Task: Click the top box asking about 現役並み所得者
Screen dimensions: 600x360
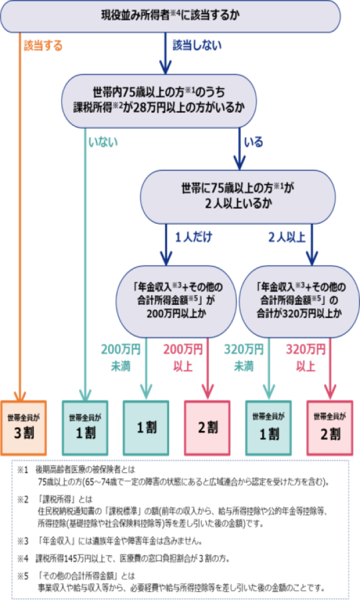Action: [x=170, y=16]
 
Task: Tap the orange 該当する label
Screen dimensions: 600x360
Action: [x=43, y=46]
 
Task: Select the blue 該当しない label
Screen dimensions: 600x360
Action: [x=197, y=46]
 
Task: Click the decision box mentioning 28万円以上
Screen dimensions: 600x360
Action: [x=159, y=100]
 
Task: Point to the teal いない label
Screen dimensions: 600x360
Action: [x=104, y=142]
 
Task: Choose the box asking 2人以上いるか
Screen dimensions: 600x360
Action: [x=238, y=196]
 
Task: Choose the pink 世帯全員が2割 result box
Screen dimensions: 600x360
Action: [x=330, y=427]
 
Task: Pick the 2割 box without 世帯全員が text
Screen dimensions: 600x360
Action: [x=208, y=427]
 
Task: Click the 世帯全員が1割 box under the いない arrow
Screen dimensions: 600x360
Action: [x=85, y=427]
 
